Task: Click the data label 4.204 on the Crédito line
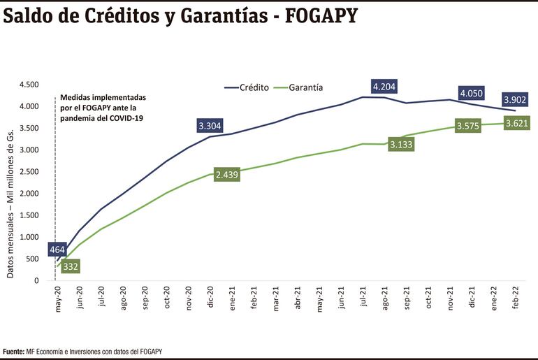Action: point(385,87)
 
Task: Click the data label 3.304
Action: point(210,127)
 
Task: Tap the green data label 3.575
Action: point(469,127)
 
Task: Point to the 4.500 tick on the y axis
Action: point(29,85)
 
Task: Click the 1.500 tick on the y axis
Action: point(29,215)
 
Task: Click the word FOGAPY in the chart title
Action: point(317,15)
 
